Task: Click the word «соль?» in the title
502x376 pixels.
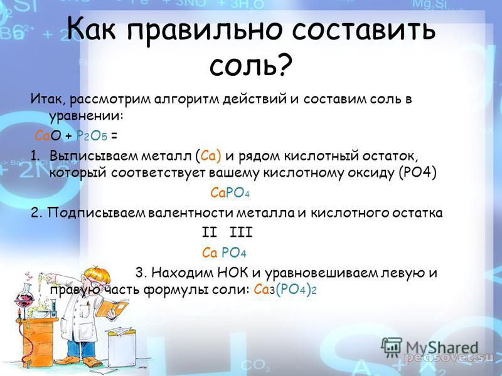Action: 252,65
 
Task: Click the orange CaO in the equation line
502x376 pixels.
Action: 48,136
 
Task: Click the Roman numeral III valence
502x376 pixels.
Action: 241,232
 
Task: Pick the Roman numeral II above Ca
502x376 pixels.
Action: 210,232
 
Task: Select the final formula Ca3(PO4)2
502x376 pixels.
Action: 285,290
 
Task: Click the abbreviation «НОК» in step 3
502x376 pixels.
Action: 233,273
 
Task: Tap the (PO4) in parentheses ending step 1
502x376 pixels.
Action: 418,173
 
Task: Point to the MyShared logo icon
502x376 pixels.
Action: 391,347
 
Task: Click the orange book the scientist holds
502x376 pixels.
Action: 112,308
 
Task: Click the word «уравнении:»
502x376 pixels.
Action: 86,117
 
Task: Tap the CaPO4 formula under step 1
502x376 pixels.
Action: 230,193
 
